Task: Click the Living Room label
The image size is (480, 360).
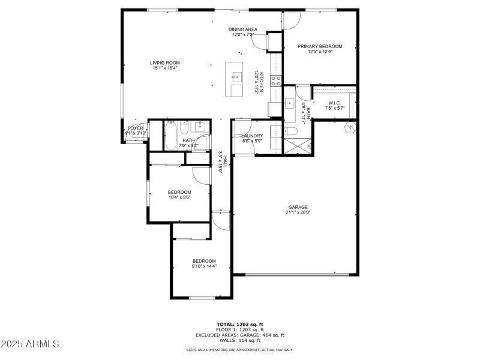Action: tap(164, 62)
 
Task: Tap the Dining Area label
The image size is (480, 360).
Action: tap(243, 29)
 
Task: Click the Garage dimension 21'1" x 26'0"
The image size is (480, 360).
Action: tap(298, 212)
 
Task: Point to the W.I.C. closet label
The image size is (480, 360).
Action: tap(334, 103)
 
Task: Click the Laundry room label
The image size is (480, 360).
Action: tap(252, 136)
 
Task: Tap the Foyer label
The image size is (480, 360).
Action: tap(136, 128)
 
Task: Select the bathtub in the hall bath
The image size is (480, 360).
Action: tap(170, 136)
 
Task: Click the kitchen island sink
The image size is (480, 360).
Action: tap(236, 77)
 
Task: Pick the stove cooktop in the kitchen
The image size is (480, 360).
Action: tap(277, 80)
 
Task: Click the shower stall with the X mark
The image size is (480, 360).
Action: tap(298, 146)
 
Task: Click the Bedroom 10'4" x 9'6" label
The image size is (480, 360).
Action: tap(179, 192)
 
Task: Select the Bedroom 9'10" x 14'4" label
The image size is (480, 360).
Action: tap(204, 261)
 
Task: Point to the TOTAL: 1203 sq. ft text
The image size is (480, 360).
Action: tap(239, 324)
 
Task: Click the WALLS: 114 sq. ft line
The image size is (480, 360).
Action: tap(239, 340)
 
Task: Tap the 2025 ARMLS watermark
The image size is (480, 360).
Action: tap(30, 344)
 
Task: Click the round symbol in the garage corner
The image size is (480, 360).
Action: tap(350, 127)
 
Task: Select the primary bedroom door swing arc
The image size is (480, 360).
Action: tap(292, 21)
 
